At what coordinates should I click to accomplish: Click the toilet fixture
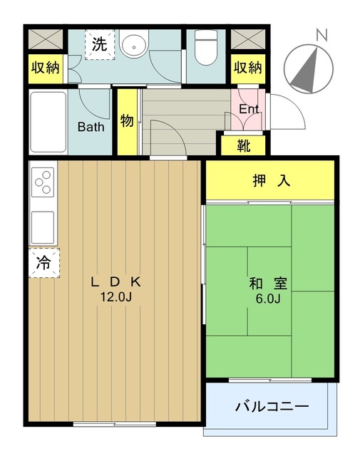click(205, 47)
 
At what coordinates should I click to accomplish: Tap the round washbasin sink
click(133, 46)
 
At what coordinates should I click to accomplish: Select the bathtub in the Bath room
click(48, 122)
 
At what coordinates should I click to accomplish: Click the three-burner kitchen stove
click(43, 182)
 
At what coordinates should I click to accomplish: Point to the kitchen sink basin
click(43, 227)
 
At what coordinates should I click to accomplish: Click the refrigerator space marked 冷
click(44, 263)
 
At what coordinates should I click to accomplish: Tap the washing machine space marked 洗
click(100, 44)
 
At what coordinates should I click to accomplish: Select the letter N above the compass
click(322, 35)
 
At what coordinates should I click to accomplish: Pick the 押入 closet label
click(271, 180)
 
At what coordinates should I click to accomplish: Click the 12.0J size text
click(116, 296)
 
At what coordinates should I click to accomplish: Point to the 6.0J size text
click(268, 299)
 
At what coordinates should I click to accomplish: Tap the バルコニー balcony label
click(272, 406)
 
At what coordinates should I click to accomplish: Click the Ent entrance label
click(249, 109)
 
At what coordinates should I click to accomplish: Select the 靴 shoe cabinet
click(243, 145)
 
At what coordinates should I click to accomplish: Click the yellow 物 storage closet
click(127, 122)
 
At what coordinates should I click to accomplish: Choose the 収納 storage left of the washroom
click(46, 68)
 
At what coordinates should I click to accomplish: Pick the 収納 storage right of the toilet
click(248, 68)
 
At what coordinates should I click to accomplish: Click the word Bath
click(91, 127)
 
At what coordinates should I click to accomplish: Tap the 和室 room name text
click(268, 284)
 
